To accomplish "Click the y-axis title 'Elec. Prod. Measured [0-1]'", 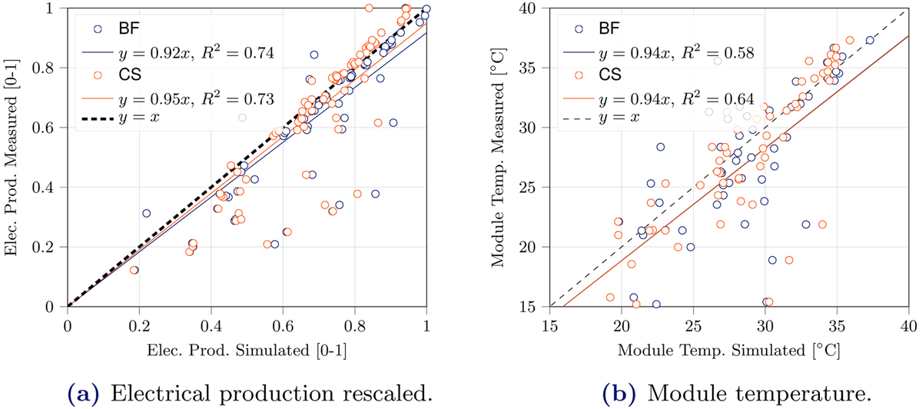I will coord(14,157).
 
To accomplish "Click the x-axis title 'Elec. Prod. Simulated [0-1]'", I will coord(247,351).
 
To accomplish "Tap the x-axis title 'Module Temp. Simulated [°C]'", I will coord(728,351).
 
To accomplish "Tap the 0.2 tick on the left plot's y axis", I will coord(51,247).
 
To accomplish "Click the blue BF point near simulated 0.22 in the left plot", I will coord(146,214).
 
